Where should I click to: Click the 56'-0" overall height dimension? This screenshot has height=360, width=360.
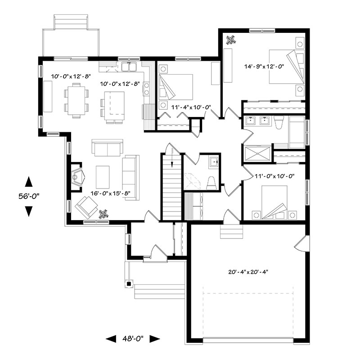pos(29,196)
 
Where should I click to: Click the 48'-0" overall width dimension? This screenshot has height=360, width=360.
pos(133,338)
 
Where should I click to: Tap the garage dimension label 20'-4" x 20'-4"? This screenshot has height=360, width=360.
pos(248,272)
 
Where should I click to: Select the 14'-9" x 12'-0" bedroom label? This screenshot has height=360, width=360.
pos(264,67)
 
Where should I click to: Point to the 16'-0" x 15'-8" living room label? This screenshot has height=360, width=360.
pos(110,193)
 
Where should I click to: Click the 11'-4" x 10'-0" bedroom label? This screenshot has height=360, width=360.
pos(191,107)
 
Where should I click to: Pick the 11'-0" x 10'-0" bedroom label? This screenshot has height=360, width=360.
pos(274,176)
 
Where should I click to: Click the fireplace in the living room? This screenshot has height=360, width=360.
pos(76,177)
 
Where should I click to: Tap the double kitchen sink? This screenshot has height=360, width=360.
pos(129,67)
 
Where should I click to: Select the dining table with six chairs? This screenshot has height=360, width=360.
pos(76,100)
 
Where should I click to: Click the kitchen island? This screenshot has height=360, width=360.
pos(115,106)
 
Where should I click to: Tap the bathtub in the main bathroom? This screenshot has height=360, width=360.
pos(297,132)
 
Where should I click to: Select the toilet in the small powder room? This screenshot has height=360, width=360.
pos(211,183)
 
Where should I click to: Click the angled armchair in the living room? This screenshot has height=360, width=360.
pos(86,207)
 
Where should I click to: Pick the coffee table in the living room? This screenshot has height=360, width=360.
pos(103,177)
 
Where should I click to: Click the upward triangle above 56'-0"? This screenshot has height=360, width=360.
pos(29,181)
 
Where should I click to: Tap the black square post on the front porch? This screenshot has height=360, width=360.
pos(129,284)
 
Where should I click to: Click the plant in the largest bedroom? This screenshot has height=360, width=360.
pos(230,40)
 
